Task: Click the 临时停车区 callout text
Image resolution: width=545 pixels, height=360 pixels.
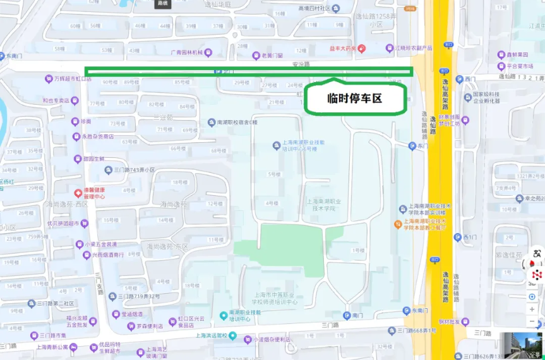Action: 354,99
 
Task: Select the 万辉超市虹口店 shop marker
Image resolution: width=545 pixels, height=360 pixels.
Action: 49,79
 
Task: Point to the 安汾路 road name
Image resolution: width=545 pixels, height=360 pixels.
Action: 301,64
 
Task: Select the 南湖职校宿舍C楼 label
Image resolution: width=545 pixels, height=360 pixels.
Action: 237,122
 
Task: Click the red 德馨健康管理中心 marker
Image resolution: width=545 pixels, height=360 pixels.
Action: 78,193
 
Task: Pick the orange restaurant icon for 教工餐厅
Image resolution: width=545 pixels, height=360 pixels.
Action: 398,223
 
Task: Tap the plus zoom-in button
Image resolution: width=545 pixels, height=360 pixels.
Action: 532,309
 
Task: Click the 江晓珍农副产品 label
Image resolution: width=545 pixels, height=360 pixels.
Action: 412,48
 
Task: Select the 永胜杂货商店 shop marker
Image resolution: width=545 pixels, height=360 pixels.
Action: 86,136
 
